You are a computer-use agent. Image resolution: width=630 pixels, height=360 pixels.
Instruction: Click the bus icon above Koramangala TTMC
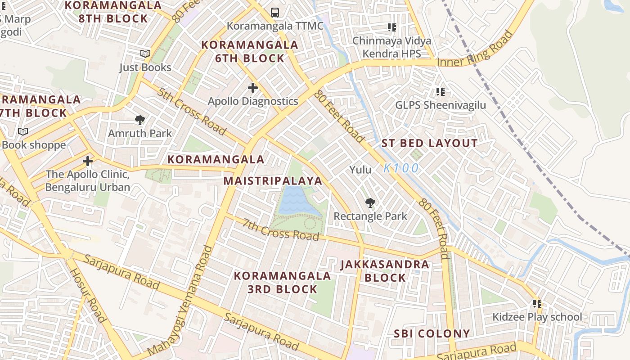(x=275, y=13)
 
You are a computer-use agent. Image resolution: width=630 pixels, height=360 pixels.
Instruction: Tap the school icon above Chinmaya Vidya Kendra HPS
(x=392, y=27)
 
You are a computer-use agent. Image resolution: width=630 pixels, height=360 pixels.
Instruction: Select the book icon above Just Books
(x=145, y=54)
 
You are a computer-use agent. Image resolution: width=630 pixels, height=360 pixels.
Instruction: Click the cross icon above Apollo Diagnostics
(x=253, y=88)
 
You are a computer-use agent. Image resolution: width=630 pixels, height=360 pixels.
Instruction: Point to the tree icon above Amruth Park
(x=140, y=120)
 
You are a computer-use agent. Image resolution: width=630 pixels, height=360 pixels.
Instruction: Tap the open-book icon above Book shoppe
(x=23, y=131)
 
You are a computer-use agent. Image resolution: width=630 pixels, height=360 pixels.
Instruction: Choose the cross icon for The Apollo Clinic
(x=88, y=161)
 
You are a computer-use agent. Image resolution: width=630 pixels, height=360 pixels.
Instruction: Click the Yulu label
(x=361, y=170)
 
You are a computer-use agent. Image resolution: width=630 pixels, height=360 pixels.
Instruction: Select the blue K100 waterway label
(x=401, y=168)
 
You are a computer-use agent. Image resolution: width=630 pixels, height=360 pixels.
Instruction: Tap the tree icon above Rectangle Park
(x=370, y=203)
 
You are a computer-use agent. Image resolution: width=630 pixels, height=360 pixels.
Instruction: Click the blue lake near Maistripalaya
(x=292, y=200)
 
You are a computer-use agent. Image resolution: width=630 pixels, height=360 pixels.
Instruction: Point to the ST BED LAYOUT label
(x=430, y=144)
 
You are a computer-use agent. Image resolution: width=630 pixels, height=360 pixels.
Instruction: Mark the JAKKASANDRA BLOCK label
(x=385, y=271)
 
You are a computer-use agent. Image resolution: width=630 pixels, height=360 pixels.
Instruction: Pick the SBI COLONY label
(x=432, y=333)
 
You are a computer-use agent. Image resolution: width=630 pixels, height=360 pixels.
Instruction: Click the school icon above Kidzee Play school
(x=537, y=304)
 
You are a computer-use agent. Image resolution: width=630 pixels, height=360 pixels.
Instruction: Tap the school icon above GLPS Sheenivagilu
(x=441, y=92)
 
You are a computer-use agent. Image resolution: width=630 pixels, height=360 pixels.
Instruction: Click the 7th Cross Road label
(x=281, y=229)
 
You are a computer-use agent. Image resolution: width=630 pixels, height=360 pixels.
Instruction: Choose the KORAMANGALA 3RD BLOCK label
(x=283, y=282)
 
